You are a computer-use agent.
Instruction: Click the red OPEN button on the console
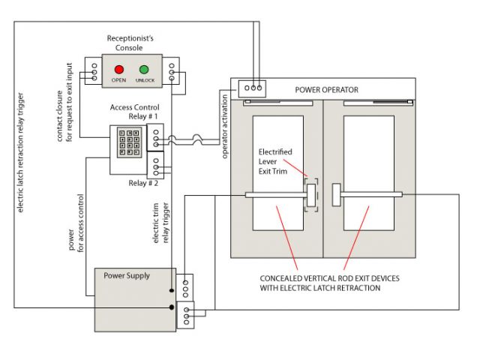click(x=118, y=70)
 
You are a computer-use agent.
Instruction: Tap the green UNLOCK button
click(x=144, y=70)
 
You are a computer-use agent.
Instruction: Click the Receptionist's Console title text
click(x=130, y=42)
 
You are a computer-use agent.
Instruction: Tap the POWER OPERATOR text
click(x=326, y=90)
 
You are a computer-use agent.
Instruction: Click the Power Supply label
click(x=127, y=275)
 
